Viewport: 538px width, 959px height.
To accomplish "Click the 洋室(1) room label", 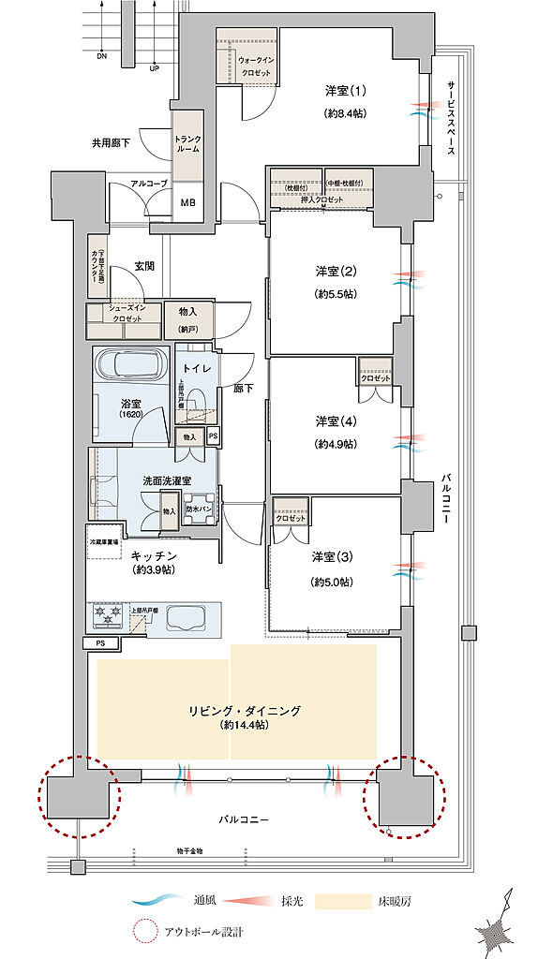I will point(345,91).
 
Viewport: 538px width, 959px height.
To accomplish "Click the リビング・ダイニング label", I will point(243,711).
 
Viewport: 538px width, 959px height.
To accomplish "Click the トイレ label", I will point(195,368).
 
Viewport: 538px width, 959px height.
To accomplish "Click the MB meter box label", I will point(187,201).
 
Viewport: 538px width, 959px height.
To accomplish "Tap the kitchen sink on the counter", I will point(195,616).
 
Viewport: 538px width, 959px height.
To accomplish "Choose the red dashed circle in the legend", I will point(144,933).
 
